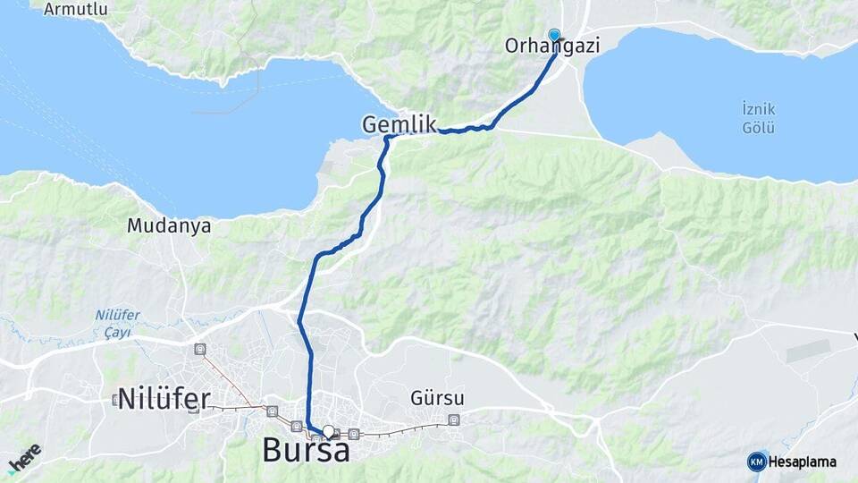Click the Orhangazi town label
click(x=551, y=46)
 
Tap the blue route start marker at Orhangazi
click(x=554, y=36)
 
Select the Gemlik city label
click(x=399, y=124)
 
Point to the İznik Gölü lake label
click(x=758, y=117)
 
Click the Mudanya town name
click(x=169, y=225)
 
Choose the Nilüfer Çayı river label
click(x=113, y=323)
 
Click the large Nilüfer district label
click(x=163, y=398)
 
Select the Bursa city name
click(x=306, y=449)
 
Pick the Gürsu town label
click(x=438, y=397)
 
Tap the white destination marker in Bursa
click(x=329, y=432)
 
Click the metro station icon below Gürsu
click(x=454, y=419)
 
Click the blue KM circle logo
click(x=757, y=462)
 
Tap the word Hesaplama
click(x=803, y=462)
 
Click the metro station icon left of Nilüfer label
click(x=116, y=399)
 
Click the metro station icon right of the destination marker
click(x=354, y=434)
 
